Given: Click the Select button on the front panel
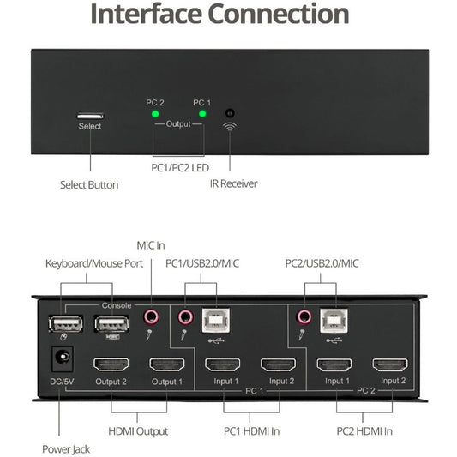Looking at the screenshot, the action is tap(90, 116).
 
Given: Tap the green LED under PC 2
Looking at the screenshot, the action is tap(155, 114).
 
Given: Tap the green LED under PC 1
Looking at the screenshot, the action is tap(202, 114).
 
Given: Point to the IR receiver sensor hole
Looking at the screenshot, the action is tap(230, 113).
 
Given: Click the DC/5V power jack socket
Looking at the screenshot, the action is tap(63, 358).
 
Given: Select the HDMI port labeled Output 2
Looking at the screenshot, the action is tap(111, 364).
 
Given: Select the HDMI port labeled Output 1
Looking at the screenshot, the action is tap(167, 364).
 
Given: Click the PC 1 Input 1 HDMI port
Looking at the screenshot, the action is tap(223, 364).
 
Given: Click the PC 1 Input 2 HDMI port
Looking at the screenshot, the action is tap(279, 364).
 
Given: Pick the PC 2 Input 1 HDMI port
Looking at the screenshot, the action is tap(334, 364).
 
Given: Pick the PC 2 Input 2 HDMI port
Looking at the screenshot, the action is tap(390, 364).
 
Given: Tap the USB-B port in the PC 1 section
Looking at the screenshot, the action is tap(216, 321).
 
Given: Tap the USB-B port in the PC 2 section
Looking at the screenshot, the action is tap(334, 321).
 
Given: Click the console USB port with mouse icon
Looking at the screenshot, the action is tap(65, 324).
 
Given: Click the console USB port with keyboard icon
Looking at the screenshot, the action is tap(112, 324).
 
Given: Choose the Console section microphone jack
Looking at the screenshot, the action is tap(152, 316).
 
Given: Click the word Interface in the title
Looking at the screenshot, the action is tap(147, 14).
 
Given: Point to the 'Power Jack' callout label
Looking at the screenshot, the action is tap(66, 449).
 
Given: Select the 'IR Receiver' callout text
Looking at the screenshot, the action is tap(234, 183).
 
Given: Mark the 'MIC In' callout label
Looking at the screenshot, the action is tap(151, 245).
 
